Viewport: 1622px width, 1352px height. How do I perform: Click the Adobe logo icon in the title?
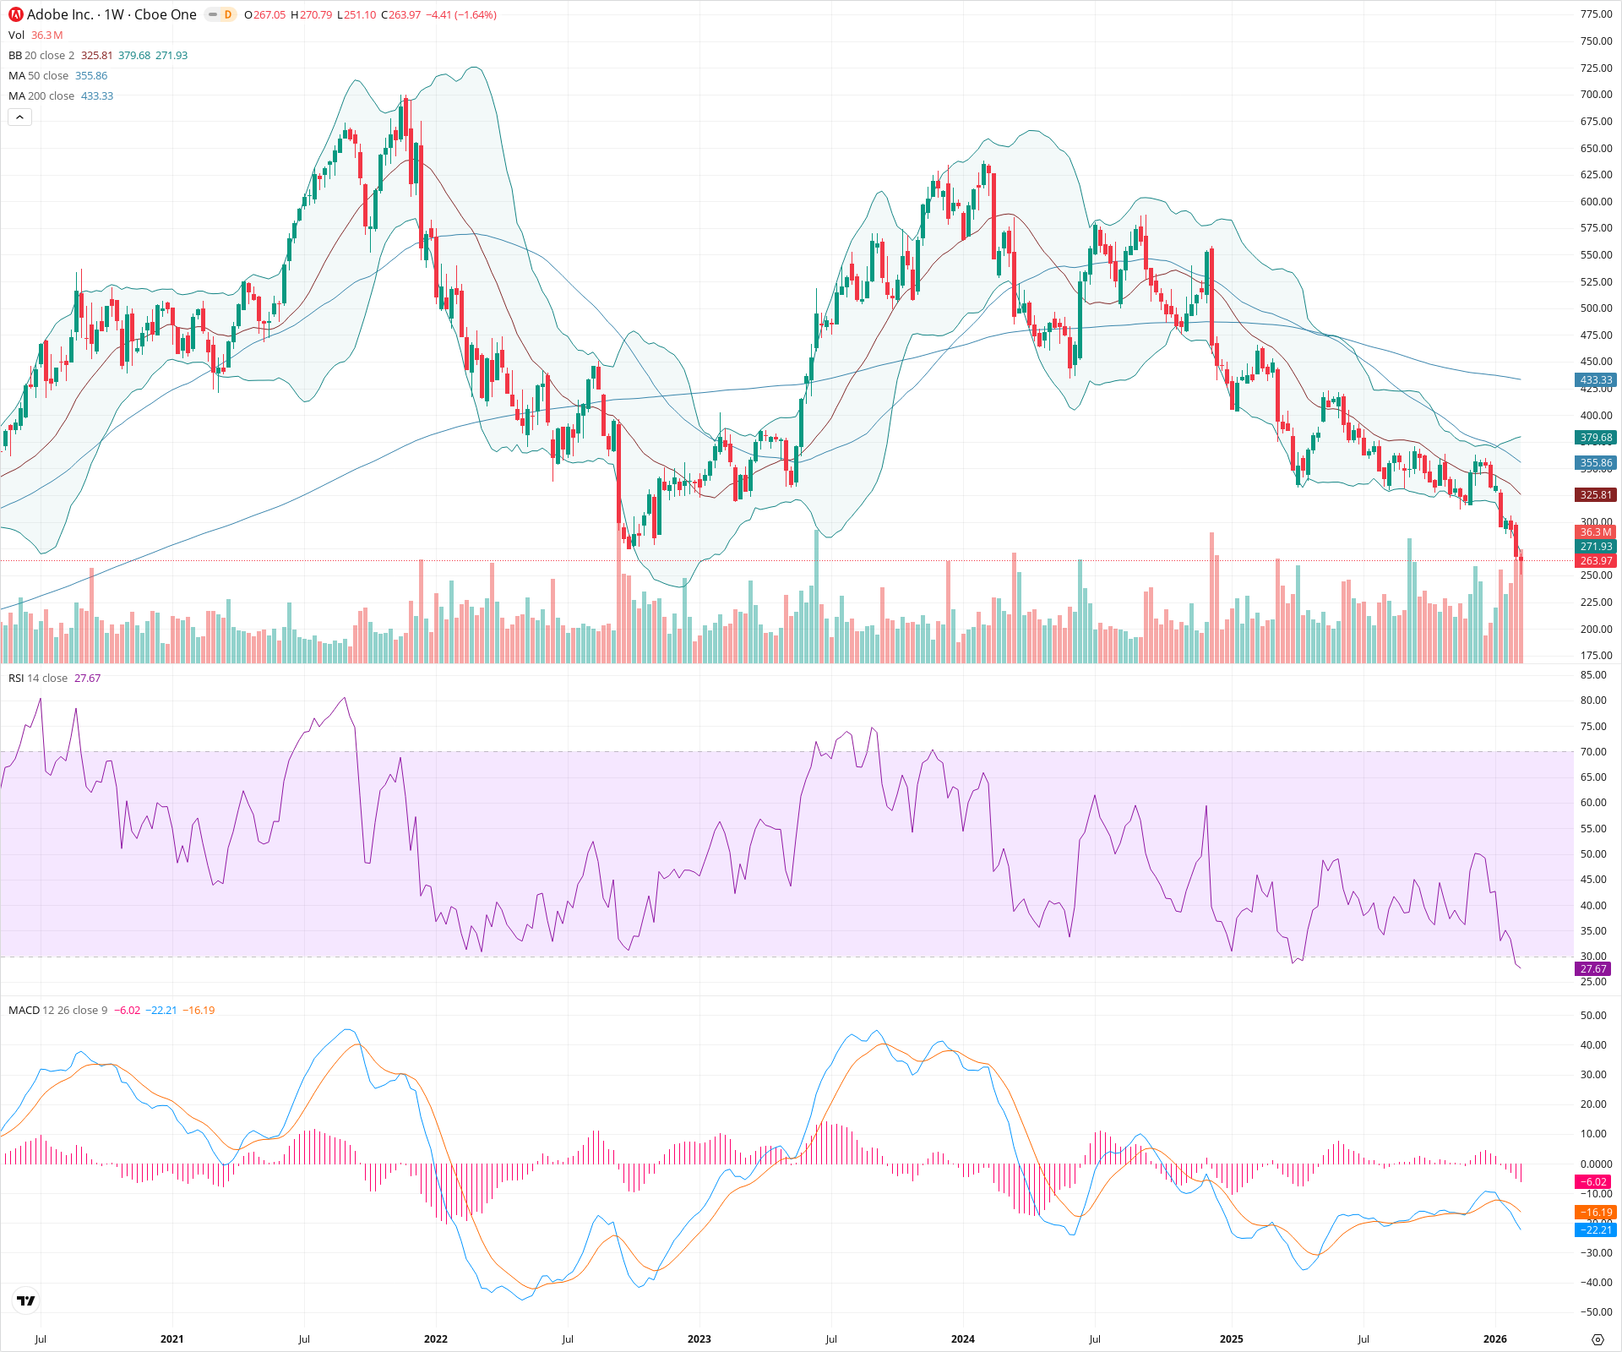16,14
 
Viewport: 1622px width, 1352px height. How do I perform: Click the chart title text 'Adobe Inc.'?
60,14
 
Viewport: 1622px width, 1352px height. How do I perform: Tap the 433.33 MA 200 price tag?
1595,380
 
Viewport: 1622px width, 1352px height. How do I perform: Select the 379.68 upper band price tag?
1595,438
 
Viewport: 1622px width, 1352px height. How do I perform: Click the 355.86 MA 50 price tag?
1595,463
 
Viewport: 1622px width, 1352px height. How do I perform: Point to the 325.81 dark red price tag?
1595,495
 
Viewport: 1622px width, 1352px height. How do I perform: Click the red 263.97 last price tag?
1595,561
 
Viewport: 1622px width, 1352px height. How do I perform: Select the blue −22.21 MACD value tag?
1595,1230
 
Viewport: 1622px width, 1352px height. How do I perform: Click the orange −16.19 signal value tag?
1595,1213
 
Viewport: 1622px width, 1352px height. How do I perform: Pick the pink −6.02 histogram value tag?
1595,1182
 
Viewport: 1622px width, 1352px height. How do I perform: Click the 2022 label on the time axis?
436,1339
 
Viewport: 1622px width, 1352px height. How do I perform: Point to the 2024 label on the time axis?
963,1339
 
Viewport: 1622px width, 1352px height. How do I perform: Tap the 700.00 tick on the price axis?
1596,95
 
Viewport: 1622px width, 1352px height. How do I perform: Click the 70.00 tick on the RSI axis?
1593,752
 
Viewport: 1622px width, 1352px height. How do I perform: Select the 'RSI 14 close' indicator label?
38,679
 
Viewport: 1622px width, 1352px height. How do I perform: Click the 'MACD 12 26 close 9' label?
57,1011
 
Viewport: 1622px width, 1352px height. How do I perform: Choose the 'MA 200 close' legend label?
41,96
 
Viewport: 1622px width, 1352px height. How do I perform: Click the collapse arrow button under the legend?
19,117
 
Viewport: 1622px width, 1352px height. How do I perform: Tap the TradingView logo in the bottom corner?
26,1300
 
